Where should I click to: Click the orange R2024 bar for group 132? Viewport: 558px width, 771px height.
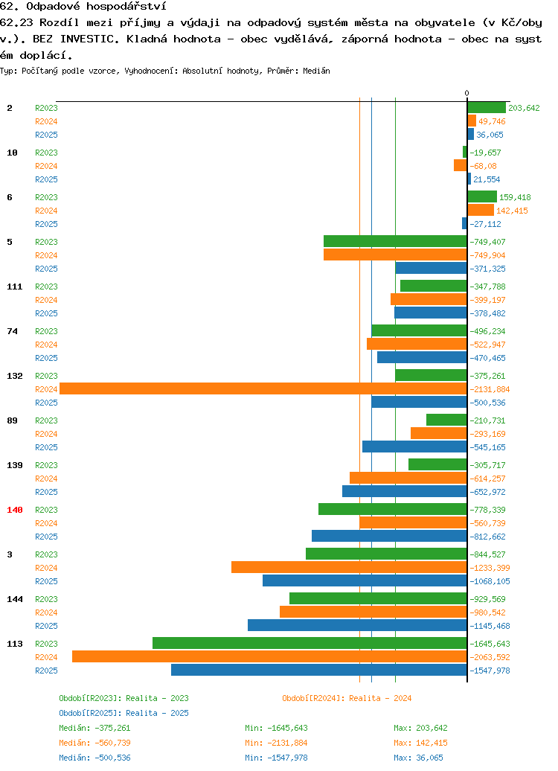pos(263,389)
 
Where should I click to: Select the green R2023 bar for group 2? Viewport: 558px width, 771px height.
pos(487,108)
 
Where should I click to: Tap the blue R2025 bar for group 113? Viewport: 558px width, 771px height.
pos(319,671)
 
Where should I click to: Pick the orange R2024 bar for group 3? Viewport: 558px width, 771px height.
pos(349,567)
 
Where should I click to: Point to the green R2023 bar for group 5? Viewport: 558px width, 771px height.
pos(395,241)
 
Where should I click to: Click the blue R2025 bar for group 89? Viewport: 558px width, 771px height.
pos(414,447)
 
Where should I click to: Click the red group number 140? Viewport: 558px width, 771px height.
pos(15,510)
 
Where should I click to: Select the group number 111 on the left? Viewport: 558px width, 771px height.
pos(15,287)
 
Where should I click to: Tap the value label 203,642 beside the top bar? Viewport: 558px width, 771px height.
pos(524,108)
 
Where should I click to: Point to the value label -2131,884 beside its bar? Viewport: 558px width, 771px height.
pos(490,389)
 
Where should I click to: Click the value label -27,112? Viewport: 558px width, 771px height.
pos(485,224)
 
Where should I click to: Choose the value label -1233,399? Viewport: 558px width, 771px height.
pos(490,568)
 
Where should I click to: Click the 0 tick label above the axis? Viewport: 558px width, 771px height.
pos(467,93)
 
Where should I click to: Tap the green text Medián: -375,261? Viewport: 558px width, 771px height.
pos(95,728)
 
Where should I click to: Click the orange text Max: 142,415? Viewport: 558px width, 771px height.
pos(421,743)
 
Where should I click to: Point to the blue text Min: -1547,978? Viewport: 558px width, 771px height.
pos(276,758)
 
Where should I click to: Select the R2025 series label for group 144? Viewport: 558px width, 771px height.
pos(46,626)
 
